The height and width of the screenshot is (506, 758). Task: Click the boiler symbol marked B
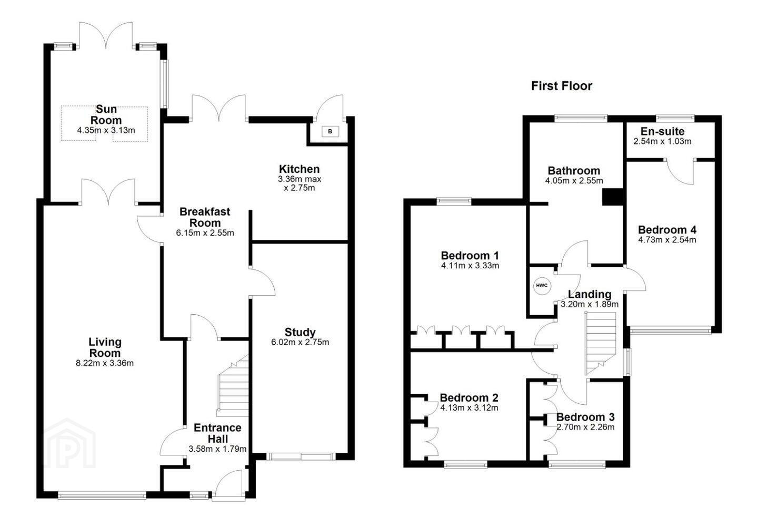(330, 131)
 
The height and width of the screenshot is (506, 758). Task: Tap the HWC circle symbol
(542, 285)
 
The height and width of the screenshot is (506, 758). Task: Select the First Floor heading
(561, 86)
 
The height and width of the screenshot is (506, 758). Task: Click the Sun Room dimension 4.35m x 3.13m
(106, 130)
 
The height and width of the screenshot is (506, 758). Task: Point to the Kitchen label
(299, 169)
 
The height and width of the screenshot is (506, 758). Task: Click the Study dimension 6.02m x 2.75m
(300, 342)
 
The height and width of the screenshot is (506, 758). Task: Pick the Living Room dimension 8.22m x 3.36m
(105, 363)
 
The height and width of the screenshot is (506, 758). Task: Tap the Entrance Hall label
(217, 433)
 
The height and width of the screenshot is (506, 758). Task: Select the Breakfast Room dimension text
(205, 233)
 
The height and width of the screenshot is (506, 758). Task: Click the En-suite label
(662, 131)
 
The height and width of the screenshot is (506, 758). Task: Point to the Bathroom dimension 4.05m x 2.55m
(574, 181)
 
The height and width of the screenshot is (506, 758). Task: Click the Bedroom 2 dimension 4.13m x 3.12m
(469, 408)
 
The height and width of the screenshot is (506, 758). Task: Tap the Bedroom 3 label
(585, 417)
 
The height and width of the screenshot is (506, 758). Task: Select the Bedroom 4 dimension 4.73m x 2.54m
(667, 240)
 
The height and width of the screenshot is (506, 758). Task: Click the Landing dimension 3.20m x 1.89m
(590, 304)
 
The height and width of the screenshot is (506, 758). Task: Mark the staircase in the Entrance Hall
(233, 386)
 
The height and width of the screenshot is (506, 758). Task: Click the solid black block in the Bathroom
(613, 197)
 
